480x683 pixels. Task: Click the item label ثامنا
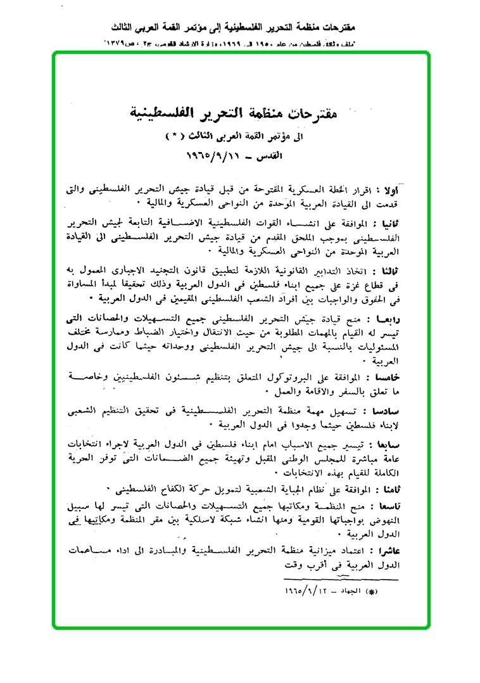pos(387,488)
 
